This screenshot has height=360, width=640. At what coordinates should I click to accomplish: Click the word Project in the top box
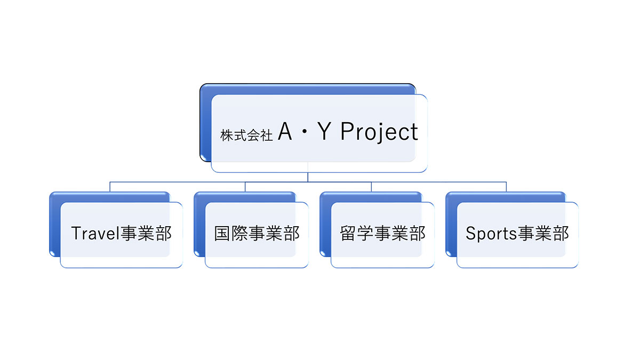(x=379, y=132)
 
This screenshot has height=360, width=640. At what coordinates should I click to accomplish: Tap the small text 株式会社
(x=246, y=135)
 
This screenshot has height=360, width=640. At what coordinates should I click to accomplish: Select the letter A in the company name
(x=285, y=132)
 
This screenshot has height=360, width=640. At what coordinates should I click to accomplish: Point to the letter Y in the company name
(x=324, y=132)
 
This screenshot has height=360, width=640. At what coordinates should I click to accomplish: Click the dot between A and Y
(x=305, y=133)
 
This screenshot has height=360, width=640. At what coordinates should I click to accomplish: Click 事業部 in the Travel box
(x=146, y=234)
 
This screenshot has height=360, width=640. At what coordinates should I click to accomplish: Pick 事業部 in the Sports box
(x=543, y=234)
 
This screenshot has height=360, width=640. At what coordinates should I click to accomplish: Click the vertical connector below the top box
(x=308, y=177)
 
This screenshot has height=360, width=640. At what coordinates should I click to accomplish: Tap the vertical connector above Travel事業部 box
(x=110, y=186)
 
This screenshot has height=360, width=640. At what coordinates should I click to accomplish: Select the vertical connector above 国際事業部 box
(x=245, y=186)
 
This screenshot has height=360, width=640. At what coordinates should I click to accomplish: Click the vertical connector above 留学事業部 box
(x=371, y=186)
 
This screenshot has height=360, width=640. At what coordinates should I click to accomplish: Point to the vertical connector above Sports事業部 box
(x=506, y=186)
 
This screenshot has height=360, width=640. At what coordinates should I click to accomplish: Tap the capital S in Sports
(x=470, y=233)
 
